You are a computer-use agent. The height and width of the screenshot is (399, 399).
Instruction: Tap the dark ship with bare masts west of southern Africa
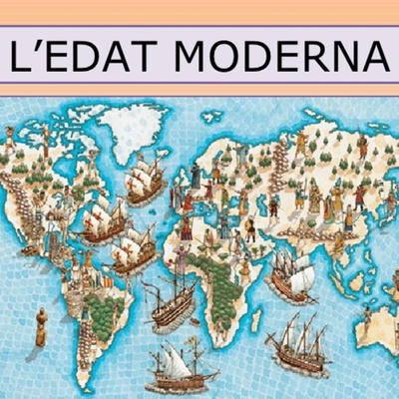tap(169, 304)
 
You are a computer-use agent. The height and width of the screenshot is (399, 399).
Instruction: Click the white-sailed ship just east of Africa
tap(290, 269)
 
